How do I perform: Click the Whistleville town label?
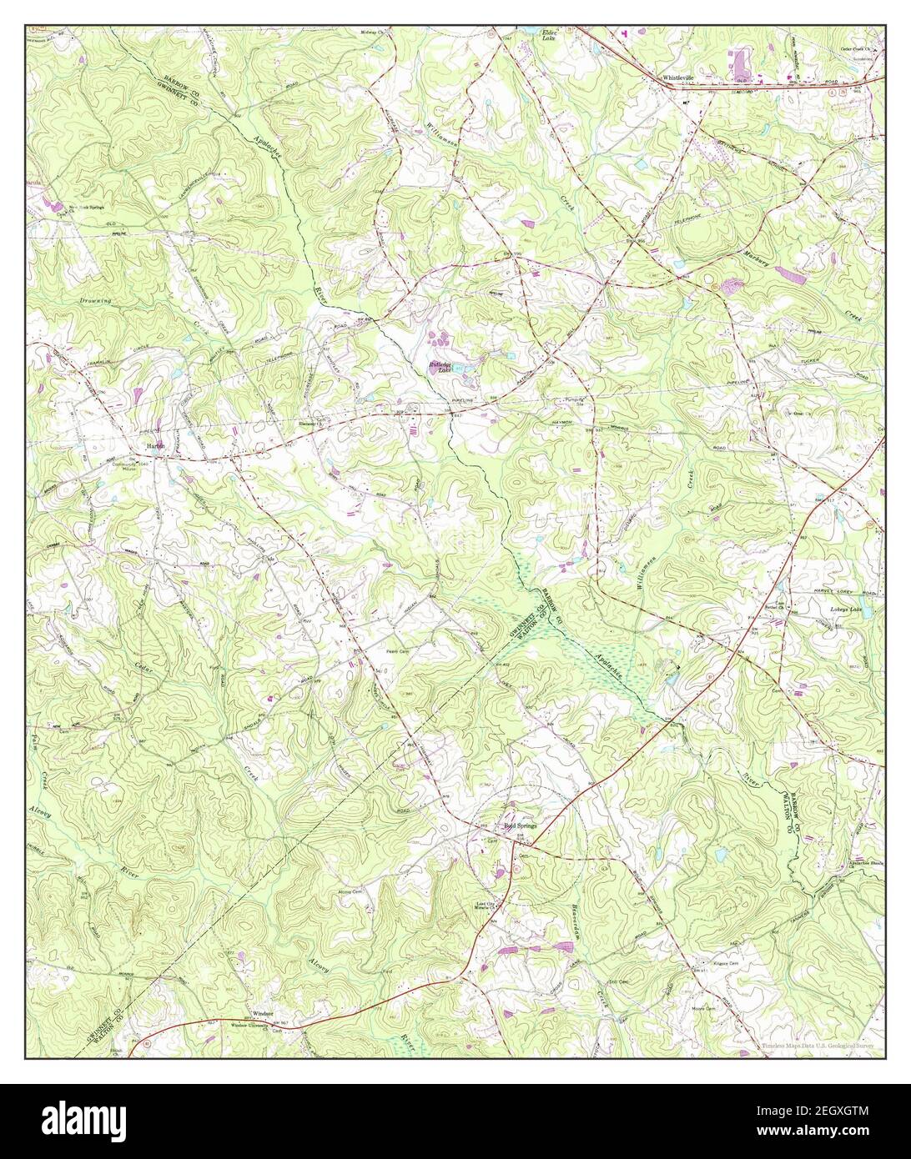point(679,76)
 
